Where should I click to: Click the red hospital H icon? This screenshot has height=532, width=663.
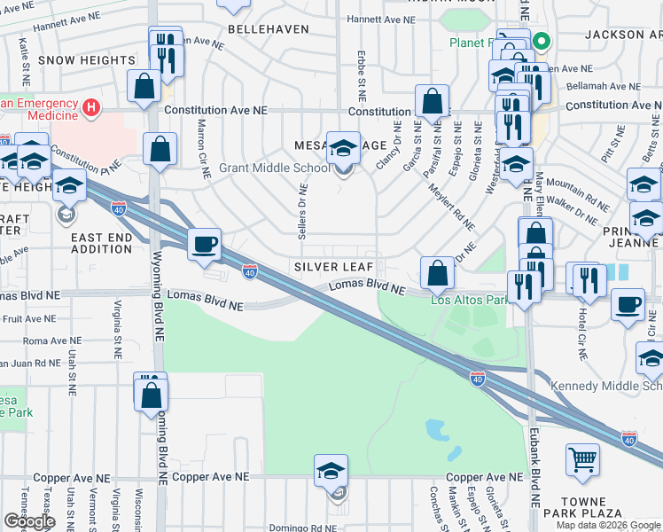(x=90, y=108)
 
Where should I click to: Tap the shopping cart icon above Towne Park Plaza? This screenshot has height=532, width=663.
(x=582, y=459)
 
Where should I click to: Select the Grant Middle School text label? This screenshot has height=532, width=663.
(x=262, y=168)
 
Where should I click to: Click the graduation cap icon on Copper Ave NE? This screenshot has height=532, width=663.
(x=331, y=470)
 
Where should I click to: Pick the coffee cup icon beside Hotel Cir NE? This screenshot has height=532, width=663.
(x=628, y=304)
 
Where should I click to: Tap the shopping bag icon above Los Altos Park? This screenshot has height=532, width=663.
(x=436, y=273)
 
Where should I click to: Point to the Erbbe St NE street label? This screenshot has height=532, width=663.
(x=362, y=75)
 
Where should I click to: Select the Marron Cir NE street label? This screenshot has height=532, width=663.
(x=203, y=144)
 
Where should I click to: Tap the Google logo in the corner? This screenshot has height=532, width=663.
(x=28, y=521)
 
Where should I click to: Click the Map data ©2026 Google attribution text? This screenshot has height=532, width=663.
(x=607, y=525)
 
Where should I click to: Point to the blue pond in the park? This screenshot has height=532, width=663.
(x=437, y=431)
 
